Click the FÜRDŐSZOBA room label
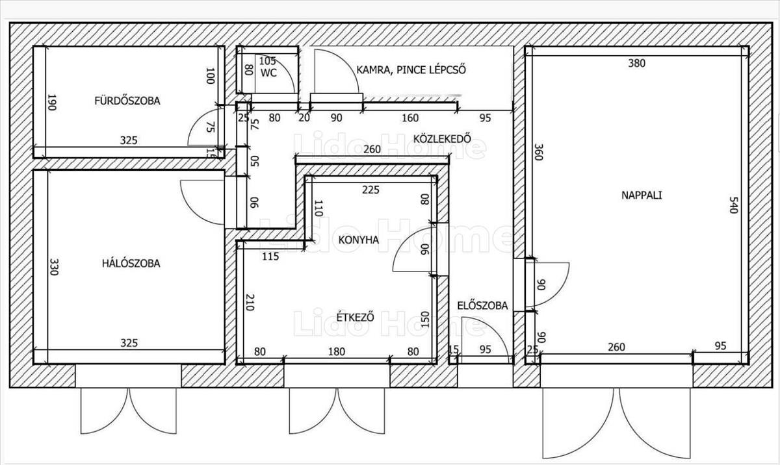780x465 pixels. click(127, 101)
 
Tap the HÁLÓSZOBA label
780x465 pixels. click(131, 263)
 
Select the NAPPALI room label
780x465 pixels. click(642, 195)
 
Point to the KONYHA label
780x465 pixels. click(359, 240)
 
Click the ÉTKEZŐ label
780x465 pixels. click(356, 317)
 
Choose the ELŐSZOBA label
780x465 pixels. click(482, 306)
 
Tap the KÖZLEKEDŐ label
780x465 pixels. click(442, 139)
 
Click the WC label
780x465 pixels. click(268, 73)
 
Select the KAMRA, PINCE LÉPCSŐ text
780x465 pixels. click(411, 70)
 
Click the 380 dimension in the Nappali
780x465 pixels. click(636, 63)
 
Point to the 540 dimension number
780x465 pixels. click(733, 205)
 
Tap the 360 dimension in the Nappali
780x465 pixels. click(538, 152)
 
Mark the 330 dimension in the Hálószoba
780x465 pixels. click(53, 266)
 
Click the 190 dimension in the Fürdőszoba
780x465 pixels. click(51, 102)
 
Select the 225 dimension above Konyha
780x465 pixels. click(370, 190)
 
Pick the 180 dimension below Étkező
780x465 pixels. click(337, 351)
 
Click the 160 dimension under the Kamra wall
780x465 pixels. click(410, 118)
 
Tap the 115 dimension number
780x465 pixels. click(270, 257)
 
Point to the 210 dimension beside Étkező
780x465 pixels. click(250, 302)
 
